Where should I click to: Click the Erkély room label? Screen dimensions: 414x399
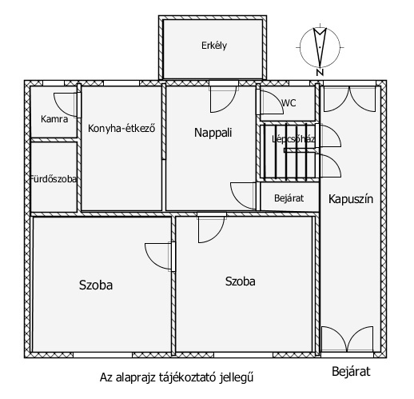coord(214,46)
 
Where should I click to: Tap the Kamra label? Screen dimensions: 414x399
coord(54,119)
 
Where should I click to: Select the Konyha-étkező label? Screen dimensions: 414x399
coord(121,129)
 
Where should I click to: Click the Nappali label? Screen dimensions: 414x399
coord(213,133)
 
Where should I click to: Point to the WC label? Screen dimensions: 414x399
coord(289,103)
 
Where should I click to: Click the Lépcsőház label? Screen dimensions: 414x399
coord(293,139)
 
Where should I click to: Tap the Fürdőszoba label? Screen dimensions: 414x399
coord(54,179)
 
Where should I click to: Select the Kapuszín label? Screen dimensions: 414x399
coord(351,199)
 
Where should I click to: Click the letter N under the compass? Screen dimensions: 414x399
coord(320,73)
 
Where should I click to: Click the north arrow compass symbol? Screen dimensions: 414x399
coord(320,47)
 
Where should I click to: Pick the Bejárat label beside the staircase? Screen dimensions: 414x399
coord(289,198)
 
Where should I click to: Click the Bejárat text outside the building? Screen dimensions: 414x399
coord(351,372)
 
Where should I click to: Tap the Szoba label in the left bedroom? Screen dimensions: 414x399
coord(96,285)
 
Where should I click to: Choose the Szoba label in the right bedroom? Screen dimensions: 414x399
coord(241,281)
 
